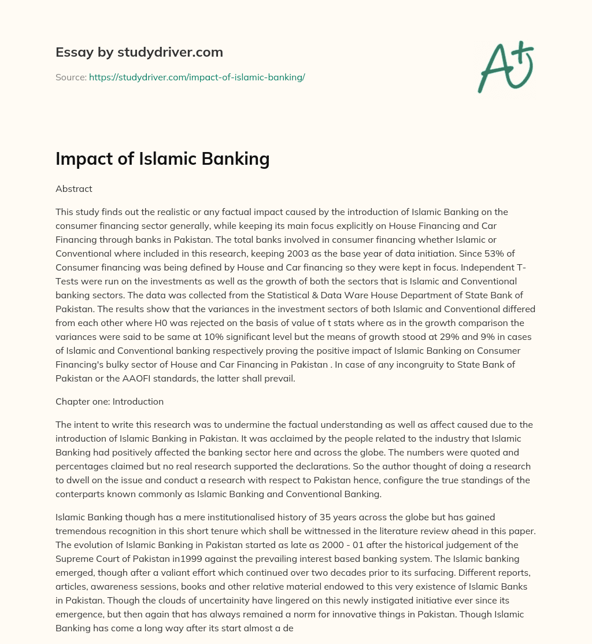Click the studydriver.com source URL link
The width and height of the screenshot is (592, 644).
pyautogui.click(x=197, y=77)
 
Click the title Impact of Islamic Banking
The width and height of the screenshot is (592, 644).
pyautogui.click(x=162, y=158)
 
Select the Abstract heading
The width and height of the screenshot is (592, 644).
pyautogui.click(x=74, y=188)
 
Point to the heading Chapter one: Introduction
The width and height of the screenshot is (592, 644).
pyautogui.click(x=110, y=401)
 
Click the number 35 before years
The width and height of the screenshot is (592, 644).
pyautogui.click(x=276, y=516)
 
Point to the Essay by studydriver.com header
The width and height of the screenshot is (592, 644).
pyautogui.click(x=139, y=52)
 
